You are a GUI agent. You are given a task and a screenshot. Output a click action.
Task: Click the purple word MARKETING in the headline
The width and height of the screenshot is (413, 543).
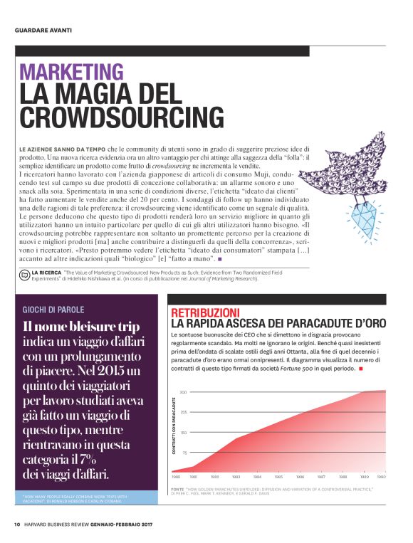point(71,72)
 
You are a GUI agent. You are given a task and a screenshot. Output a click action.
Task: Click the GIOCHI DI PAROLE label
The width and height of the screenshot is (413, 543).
point(53,310)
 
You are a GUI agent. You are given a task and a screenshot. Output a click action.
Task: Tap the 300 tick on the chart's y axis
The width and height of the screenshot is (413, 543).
point(183,392)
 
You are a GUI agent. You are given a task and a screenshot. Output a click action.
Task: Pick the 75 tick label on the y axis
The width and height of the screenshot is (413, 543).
point(184,452)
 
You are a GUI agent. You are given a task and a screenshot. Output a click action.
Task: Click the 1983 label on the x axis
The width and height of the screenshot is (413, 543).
point(236,477)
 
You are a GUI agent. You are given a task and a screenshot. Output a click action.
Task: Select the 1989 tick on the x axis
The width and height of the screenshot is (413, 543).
point(364,477)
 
